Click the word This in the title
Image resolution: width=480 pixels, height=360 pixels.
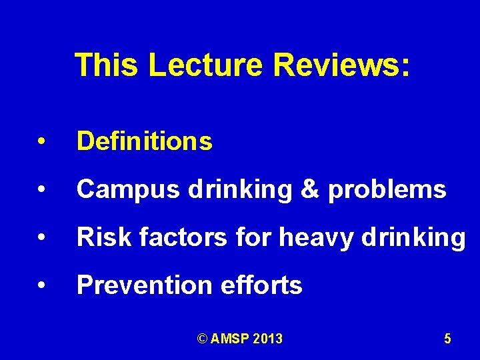pyautogui.click(x=107, y=65)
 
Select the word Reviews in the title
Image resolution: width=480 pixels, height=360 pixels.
pyautogui.click(x=337, y=65)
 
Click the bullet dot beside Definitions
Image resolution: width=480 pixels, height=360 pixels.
pyautogui.click(x=41, y=142)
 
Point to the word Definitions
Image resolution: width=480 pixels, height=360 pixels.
pyautogui.click(x=145, y=141)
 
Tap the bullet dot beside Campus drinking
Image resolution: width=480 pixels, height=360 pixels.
pyautogui.click(x=41, y=190)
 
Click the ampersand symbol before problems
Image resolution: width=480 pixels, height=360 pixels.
pyautogui.click(x=310, y=190)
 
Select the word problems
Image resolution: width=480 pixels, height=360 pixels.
pyautogui.click(x=387, y=190)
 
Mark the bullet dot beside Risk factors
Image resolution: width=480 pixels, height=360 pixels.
pyautogui.click(x=41, y=238)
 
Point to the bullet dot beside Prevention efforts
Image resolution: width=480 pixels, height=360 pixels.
pyautogui.click(x=41, y=286)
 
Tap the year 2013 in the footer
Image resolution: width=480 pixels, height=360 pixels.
pyautogui.click(x=267, y=339)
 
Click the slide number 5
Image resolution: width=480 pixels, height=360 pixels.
pyautogui.click(x=447, y=339)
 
